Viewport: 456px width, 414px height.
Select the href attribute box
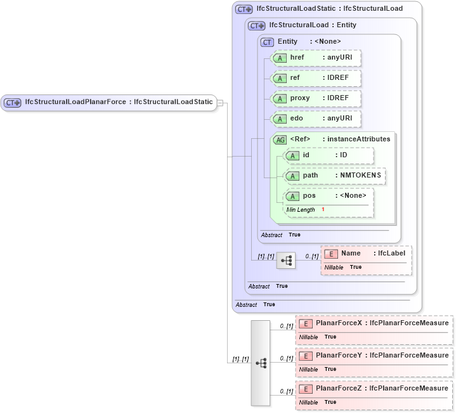(x=316, y=58)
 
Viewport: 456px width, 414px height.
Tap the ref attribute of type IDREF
(x=316, y=79)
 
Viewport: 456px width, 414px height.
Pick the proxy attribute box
(x=316, y=99)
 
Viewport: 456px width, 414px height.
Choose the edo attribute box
(x=316, y=119)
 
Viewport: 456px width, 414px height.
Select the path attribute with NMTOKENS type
(x=334, y=176)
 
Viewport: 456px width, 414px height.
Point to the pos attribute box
(x=329, y=196)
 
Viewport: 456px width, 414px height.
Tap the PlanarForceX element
(x=374, y=323)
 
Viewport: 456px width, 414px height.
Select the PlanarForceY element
(x=374, y=356)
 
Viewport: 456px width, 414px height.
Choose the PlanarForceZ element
(x=374, y=389)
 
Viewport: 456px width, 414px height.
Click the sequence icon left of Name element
(x=286, y=260)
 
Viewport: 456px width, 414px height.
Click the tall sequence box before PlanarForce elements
(x=261, y=363)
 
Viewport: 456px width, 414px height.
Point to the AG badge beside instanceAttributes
(x=280, y=139)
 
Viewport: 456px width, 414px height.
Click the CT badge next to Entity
(x=268, y=42)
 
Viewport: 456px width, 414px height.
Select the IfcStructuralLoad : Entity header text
(x=312, y=25)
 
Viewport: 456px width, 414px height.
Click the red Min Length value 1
(x=323, y=210)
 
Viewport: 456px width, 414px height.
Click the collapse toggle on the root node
(x=220, y=103)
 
